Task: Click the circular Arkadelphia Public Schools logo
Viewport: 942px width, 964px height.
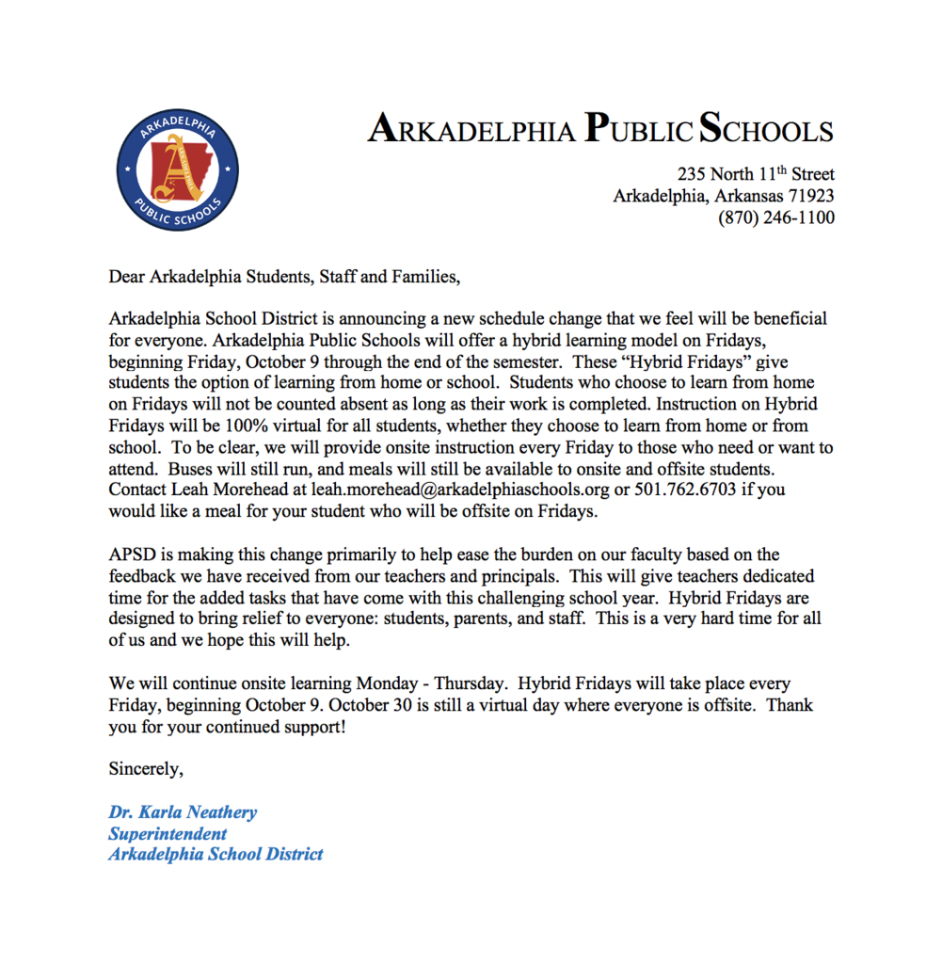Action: pos(176,169)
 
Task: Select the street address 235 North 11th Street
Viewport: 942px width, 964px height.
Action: pos(756,174)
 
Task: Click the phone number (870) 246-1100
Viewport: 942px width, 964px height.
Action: pos(775,217)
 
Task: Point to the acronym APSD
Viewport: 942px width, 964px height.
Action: pos(132,554)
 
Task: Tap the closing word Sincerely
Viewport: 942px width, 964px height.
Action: pos(146,768)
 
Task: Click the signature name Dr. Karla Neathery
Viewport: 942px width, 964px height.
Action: pos(183,812)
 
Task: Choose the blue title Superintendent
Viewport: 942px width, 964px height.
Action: pos(168,834)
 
